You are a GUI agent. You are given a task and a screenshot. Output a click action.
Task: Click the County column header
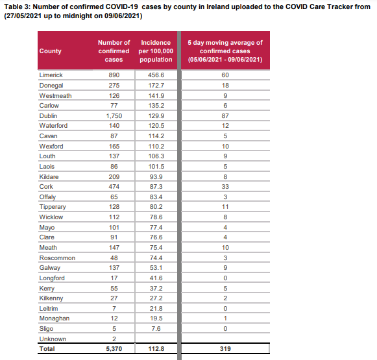tap(50, 51)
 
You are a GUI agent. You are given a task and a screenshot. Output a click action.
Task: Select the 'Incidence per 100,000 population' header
tap(156, 51)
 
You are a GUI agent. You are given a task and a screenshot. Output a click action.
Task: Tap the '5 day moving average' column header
tap(225, 51)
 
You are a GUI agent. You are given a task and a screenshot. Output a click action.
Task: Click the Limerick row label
tap(51, 75)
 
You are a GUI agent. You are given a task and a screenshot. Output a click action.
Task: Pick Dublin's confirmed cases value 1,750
tap(114, 116)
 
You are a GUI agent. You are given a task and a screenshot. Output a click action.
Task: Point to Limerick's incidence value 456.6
tap(156, 75)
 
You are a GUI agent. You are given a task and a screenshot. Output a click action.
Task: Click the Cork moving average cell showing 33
tap(225, 187)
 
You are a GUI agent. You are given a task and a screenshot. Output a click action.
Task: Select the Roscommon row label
tap(57, 258)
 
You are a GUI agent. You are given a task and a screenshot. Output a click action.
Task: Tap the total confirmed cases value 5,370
tap(114, 349)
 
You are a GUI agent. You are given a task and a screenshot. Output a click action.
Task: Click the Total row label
tap(47, 349)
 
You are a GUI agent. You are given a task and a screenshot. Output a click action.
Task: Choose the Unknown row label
tap(53, 339)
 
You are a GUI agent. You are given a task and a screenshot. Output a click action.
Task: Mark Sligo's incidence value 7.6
tap(156, 328)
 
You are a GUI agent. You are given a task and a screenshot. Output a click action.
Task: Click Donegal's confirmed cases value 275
tap(114, 86)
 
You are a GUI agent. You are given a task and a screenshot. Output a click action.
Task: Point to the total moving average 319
tap(225, 349)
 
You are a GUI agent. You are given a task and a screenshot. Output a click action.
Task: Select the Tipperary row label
tap(53, 207)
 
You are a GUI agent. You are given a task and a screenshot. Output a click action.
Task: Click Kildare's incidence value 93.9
tap(156, 177)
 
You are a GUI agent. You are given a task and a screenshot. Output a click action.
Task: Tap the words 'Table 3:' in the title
tap(18, 6)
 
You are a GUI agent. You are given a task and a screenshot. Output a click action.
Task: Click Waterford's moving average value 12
tap(225, 126)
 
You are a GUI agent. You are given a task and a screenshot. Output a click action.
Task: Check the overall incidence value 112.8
tap(156, 349)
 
